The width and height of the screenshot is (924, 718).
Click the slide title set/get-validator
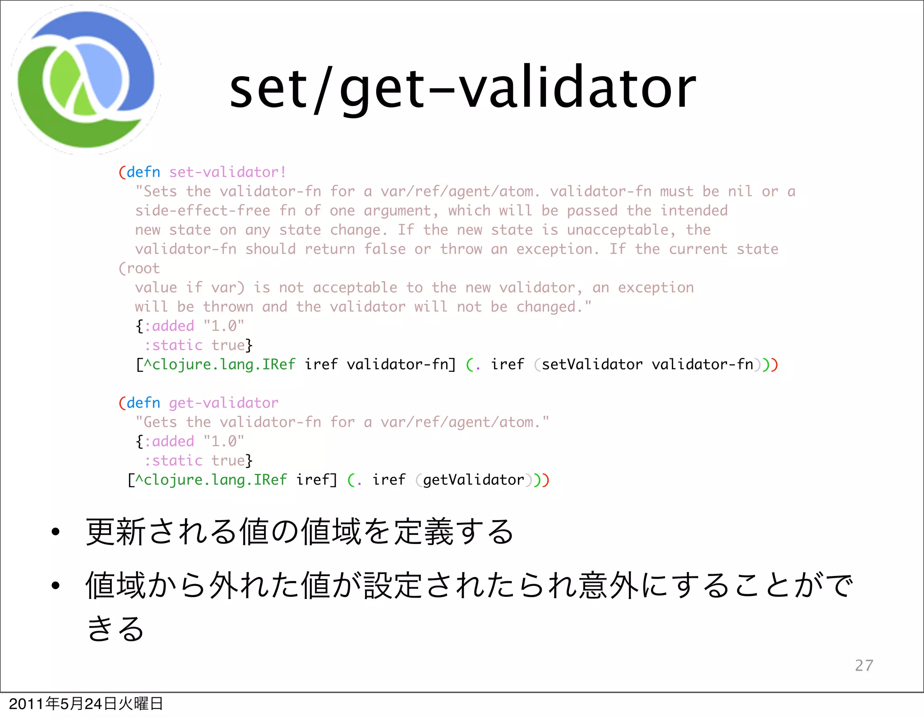click(462, 88)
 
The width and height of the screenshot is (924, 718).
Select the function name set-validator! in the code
click(227, 172)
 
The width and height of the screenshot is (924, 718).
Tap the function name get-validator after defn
click(223, 403)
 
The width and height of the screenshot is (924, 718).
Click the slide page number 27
click(864, 665)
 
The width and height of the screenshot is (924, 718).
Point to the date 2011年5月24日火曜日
click(86, 704)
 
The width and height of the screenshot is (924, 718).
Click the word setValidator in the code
click(592, 364)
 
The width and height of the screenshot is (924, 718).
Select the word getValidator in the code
click(473, 480)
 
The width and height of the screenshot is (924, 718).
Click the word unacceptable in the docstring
click(621, 230)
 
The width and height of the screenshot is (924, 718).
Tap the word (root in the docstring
click(139, 269)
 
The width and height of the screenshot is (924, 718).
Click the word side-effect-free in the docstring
click(203, 211)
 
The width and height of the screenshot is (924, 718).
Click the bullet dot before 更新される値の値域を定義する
click(55, 532)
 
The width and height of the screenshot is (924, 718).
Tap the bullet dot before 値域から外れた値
click(55, 585)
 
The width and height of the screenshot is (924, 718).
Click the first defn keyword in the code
click(143, 172)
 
